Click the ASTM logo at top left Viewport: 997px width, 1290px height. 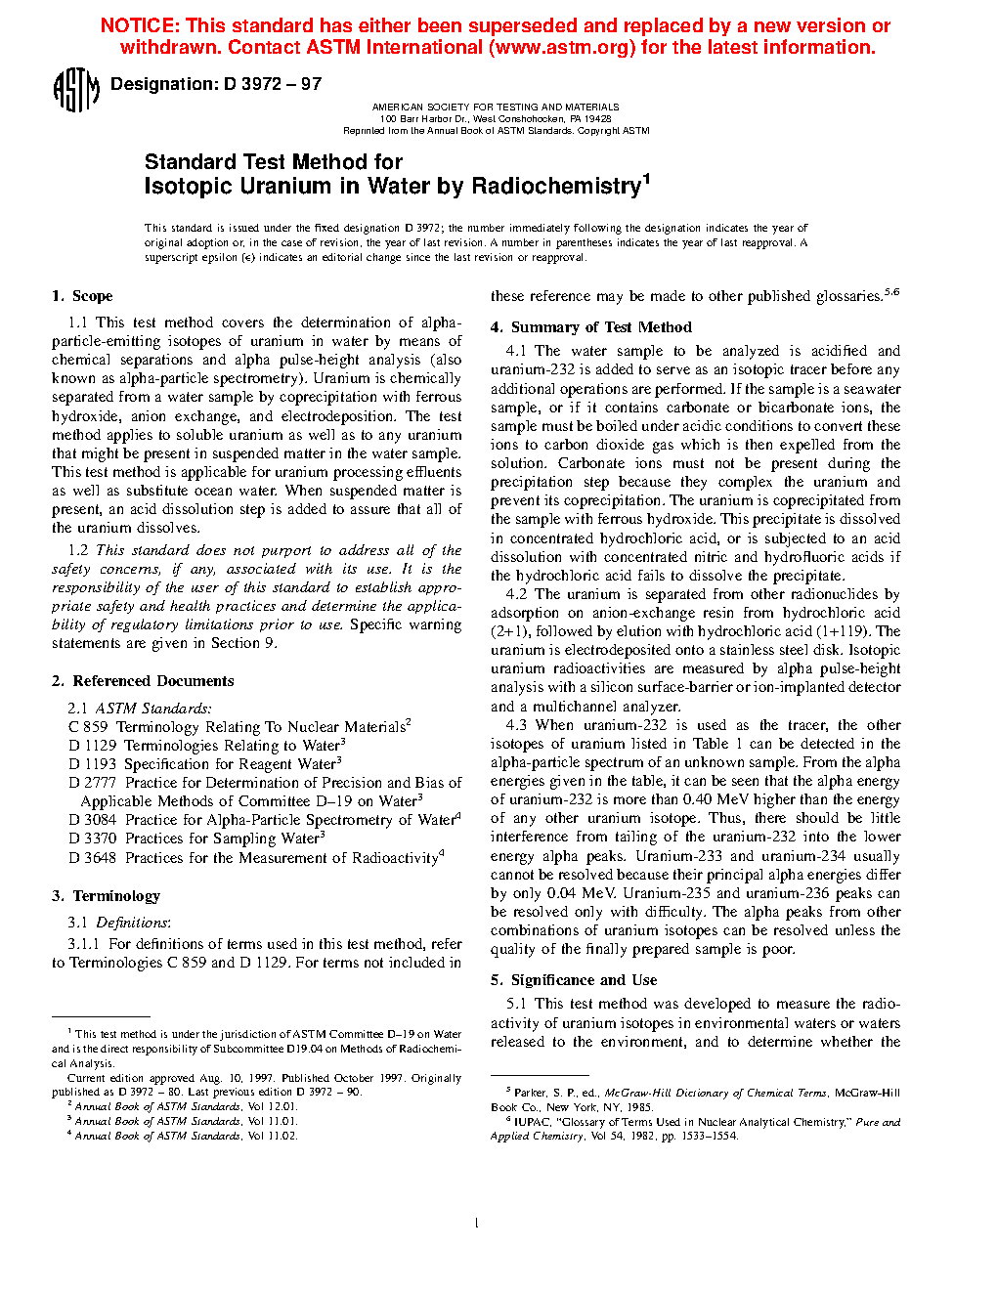(x=75, y=90)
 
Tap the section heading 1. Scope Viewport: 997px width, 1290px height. (x=82, y=296)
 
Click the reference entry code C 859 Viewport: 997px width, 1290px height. (x=88, y=727)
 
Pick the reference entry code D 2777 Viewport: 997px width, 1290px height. (x=92, y=783)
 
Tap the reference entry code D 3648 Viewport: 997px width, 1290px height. (x=92, y=858)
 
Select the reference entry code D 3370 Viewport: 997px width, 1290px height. (x=92, y=838)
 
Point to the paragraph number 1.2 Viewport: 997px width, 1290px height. (x=78, y=550)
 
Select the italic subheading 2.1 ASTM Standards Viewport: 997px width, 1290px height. (x=139, y=709)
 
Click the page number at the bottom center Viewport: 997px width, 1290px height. (x=476, y=1223)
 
